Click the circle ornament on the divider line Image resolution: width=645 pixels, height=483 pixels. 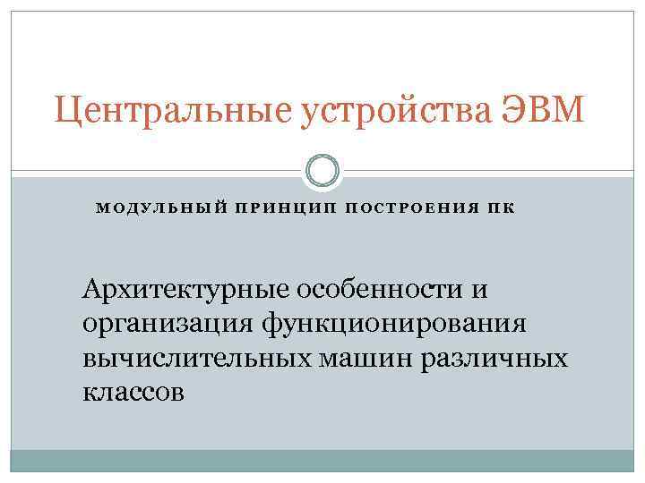tap(322, 171)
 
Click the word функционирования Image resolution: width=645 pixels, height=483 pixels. tap(393, 324)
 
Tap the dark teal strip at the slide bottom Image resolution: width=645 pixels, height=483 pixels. tap(322, 461)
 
